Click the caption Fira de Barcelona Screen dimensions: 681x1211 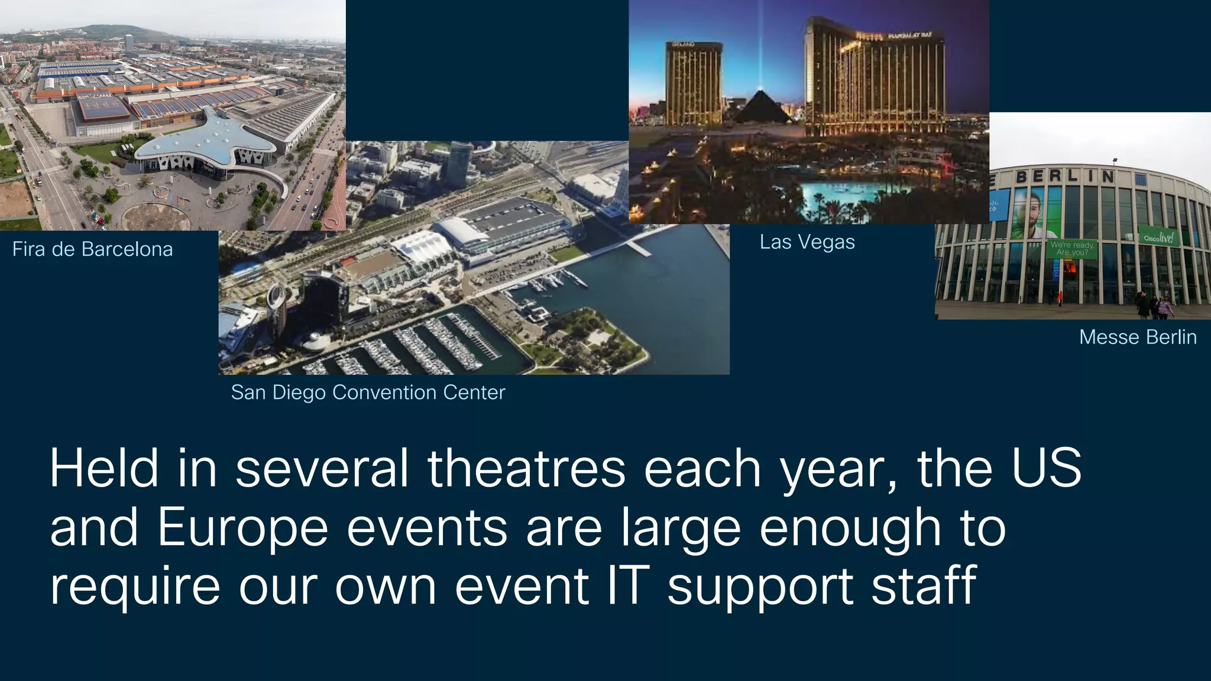coord(92,249)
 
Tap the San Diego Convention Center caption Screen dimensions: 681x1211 coord(368,393)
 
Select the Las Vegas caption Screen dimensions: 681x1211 coord(807,242)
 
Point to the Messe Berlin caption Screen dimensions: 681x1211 coord(1138,337)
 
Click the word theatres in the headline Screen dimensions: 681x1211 coord(526,469)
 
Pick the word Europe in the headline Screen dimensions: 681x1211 coord(242,528)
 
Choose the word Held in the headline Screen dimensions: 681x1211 coord(104,469)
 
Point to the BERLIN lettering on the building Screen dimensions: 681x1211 coord(1064,176)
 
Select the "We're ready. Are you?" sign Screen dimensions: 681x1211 coord(1072,248)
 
